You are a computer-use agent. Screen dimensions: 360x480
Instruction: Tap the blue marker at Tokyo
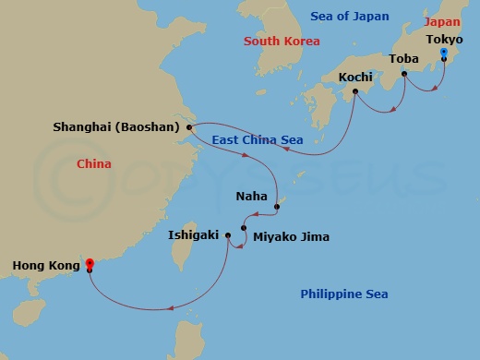coord(443,54)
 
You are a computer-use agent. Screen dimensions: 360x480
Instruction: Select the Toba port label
coord(404,58)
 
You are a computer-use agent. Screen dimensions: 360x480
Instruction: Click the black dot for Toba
coord(404,73)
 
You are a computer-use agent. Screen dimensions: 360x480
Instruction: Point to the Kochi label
coord(355,77)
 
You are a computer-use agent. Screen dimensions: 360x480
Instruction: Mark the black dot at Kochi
coord(354,90)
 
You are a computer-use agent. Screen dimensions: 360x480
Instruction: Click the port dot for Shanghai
coord(189,127)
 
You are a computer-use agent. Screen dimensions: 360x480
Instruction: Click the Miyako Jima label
coord(291,237)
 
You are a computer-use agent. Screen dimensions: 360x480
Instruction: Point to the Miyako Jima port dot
coord(244,228)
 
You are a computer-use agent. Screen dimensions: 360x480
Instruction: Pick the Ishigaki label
coord(194,235)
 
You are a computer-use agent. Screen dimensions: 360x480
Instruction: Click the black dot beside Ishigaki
coord(228,236)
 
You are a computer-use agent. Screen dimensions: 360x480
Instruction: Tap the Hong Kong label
coord(43,267)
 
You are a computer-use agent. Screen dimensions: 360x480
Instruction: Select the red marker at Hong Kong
coord(89,264)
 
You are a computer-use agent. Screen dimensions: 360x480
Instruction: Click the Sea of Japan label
coord(350,17)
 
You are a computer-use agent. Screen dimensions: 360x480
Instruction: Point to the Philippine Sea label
coord(343,294)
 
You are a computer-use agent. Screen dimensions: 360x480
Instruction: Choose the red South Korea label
coord(282,42)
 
